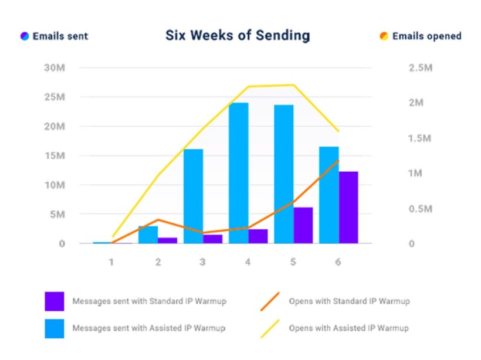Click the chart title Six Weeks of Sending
[x=237, y=35]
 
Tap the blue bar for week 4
[x=238, y=173]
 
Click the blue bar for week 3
[x=193, y=196]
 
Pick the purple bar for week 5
[x=303, y=225]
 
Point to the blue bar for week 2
[x=148, y=235]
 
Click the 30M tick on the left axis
[x=55, y=68]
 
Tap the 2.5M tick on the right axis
[x=420, y=68]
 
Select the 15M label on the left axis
[x=55, y=156]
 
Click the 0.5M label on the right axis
[x=420, y=209]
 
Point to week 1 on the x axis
[x=111, y=261]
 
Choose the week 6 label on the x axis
[x=338, y=261]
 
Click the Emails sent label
[x=60, y=36]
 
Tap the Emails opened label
[x=426, y=36]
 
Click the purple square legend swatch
[x=54, y=301]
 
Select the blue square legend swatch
[x=54, y=328]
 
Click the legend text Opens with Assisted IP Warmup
[x=349, y=328]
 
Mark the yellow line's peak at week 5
[x=293, y=85]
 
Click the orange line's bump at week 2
[x=158, y=220]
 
